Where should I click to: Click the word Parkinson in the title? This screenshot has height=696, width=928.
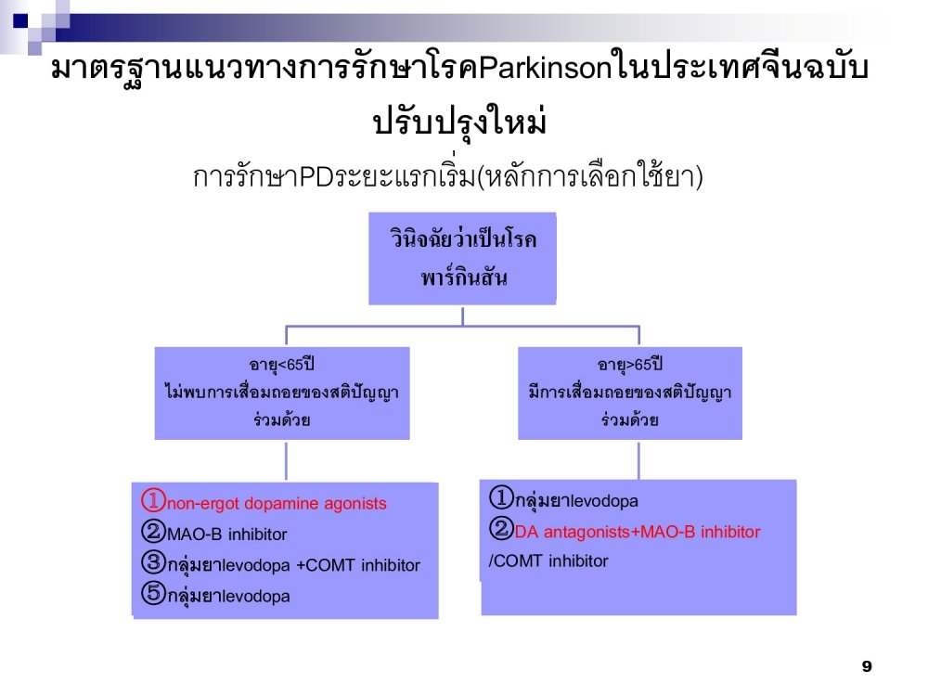click(x=544, y=69)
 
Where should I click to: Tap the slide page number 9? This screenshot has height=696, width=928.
click(x=867, y=666)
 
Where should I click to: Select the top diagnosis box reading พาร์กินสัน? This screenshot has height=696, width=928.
click(x=462, y=259)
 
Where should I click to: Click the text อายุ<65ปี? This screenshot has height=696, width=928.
click(x=281, y=364)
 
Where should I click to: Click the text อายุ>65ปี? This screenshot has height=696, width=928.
click(x=630, y=364)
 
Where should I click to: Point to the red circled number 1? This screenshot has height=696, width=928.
click(x=153, y=500)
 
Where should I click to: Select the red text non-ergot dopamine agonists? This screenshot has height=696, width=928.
click(x=277, y=504)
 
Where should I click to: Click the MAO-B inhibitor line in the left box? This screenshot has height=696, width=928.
click(x=226, y=535)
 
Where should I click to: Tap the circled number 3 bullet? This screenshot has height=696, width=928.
click(x=153, y=561)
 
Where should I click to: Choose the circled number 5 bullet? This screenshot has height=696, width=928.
click(x=153, y=592)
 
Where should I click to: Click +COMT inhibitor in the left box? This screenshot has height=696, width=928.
click(x=358, y=565)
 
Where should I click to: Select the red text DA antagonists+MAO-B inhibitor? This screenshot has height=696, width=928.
click(x=638, y=532)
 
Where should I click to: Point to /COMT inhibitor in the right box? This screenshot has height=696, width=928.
click(x=548, y=561)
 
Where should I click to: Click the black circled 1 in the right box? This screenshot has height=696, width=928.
click(x=501, y=497)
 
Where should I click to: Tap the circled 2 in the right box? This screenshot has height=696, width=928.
click(x=501, y=528)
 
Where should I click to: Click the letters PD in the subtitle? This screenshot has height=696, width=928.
click(x=316, y=176)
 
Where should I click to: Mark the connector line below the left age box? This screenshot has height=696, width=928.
click(x=286, y=461)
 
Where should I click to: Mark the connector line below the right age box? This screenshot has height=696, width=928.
click(x=638, y=461)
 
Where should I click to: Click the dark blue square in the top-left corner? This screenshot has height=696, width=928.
click(x=20, y=20)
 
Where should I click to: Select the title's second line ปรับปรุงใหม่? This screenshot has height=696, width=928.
click(x=459, y=122)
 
